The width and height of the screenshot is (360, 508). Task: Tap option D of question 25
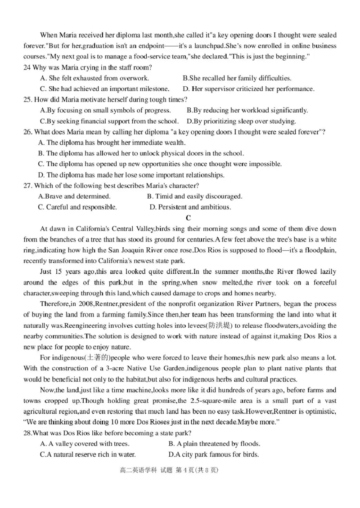pos(241,121)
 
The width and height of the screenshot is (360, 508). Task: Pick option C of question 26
pos(160,164)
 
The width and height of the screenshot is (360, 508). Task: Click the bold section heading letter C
pos(189,218)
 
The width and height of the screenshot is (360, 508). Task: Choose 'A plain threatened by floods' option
pos(214,444)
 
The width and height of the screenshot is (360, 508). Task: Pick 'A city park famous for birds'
pos(214,455)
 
